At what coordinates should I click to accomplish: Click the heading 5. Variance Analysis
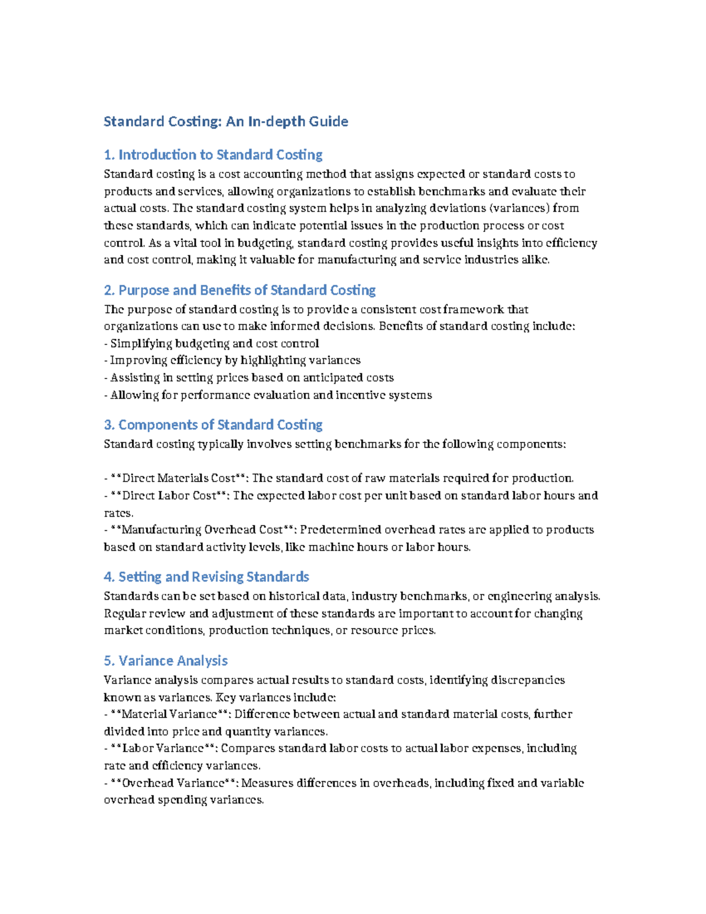pyautogui.click(x=165, y=661)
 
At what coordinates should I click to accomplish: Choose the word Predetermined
pyautogui.click(x=339, y=530)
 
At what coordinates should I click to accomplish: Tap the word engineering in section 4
pyautogui.click(x=519, y=596)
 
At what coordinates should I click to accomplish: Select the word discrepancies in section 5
pyautogui.click(x=527, y=680)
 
